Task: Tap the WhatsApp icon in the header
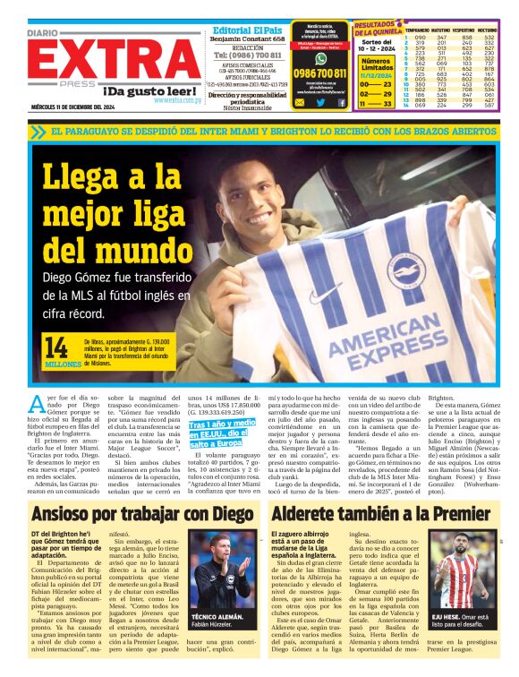[x=320, y=57]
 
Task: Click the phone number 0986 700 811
[x=320, y=73]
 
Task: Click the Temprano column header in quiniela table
[x=416, y=30]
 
